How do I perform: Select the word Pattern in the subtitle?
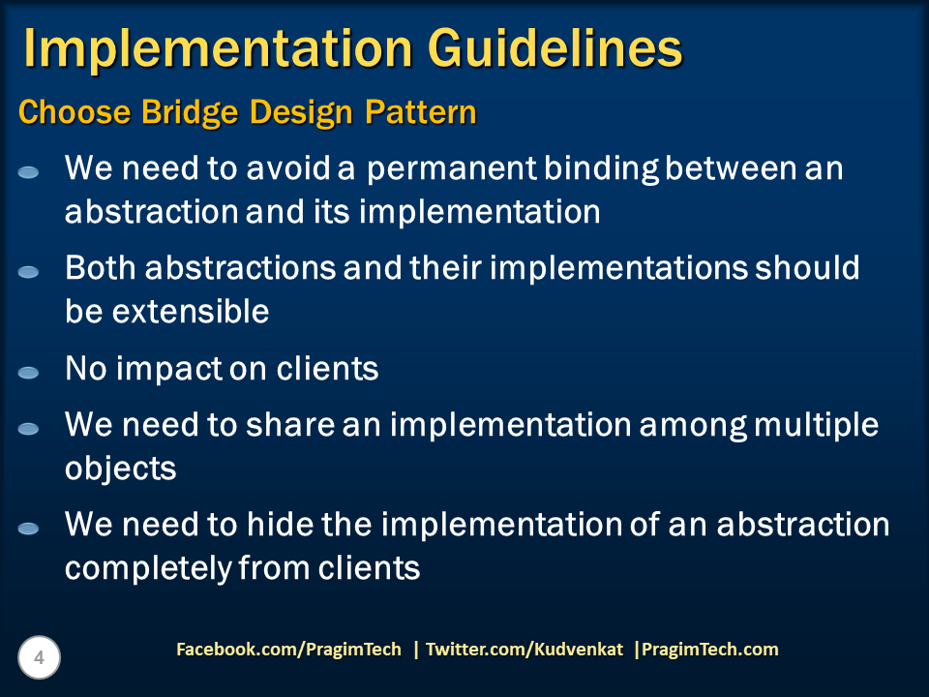pos(420,112)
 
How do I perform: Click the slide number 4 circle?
pos(39,658)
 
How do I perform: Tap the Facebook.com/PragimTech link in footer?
pos(288,650)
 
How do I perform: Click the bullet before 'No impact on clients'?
pos(28,372)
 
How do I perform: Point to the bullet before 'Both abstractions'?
pos(28,272)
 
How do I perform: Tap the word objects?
pos(120,469)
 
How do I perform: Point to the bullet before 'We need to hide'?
pos(28,529)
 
